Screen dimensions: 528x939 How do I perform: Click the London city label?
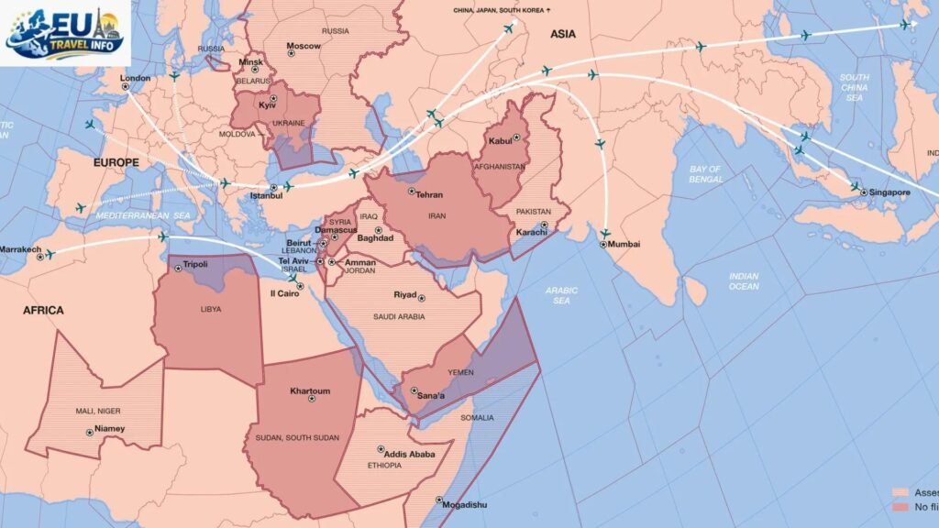click(135, 78)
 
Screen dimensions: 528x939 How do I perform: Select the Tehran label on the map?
click(429, 194)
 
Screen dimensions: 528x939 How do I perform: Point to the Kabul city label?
click(500, 140)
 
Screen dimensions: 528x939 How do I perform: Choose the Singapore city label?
click(889, 192)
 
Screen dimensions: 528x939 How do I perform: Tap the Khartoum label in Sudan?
click(310, 390)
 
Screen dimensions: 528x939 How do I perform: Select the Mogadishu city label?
click(464, 505)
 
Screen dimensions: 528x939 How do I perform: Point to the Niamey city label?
click(109, 428)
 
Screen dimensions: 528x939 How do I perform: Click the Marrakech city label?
click(20, 249)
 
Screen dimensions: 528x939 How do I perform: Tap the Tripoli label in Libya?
click(195, 264)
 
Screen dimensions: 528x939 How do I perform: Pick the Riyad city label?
click(404, 295)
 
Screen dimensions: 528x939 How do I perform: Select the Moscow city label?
click(304, 46)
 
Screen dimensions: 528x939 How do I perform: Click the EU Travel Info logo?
click(65, 33)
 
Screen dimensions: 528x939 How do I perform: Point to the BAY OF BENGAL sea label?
click(705, 173)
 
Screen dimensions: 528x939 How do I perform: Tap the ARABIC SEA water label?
click(561, 294)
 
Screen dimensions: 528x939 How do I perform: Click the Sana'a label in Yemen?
click(431, 395)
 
